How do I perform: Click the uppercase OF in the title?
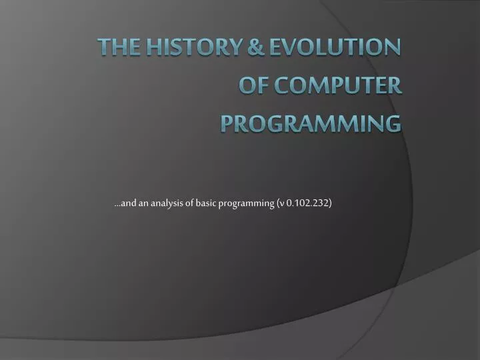[x=253, y=85]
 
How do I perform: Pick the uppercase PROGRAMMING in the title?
[x=311, y=123]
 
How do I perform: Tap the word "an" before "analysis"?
[x=145, y=204]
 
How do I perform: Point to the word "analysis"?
[x=169, y=204]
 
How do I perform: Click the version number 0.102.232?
[x=306, y=203]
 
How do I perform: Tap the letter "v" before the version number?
[x=281, y=204]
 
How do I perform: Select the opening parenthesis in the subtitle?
[x=276, y=204]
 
